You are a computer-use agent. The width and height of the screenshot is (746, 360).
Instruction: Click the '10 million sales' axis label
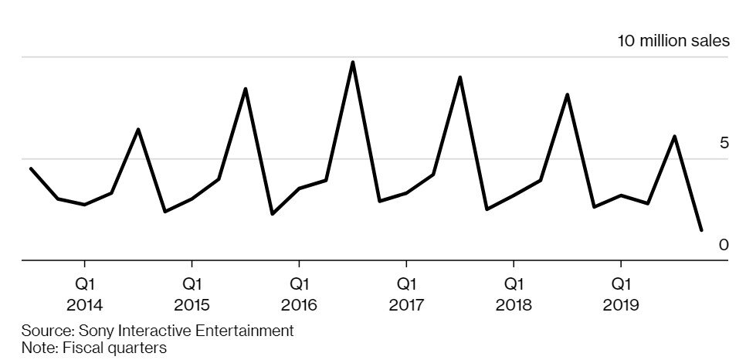tap(673, 41)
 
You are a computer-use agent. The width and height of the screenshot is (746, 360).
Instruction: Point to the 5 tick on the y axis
tap(724, 143)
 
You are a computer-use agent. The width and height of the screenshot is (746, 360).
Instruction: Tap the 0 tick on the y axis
tap(724, 245)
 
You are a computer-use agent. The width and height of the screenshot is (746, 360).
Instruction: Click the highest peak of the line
tap(353, 62)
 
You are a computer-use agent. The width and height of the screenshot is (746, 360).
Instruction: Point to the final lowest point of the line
tap(701, 230)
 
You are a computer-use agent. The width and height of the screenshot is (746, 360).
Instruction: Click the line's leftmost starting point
tap(30, 168)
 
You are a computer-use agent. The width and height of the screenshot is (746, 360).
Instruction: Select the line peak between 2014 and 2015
tap(138, 129)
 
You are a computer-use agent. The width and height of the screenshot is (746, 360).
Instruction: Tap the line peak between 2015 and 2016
tap(246, 89)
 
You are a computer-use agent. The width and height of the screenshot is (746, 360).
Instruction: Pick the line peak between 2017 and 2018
tap(460, 77)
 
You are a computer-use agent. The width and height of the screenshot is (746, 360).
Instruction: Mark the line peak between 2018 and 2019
tap(568, 94)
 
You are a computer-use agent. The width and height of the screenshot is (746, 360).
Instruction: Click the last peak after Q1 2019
tap(675, 137)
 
